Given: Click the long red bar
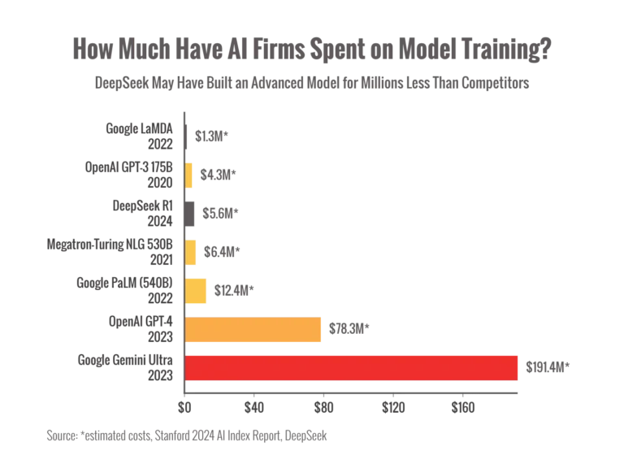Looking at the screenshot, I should click(352, 368).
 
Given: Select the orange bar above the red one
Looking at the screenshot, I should click(254, 330).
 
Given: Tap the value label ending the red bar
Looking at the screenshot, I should click(546, 367).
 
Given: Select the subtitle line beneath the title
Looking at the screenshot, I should click(312, 84).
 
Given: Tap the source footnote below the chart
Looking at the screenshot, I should click(188, 436).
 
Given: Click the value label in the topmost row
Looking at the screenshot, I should click(213, 135).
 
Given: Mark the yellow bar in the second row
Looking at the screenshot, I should click(190, 174).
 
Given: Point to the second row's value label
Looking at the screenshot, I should click(218, 173).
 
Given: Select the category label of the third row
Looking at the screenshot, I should click(143, 210).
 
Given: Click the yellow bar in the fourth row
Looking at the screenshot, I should click(192, 251).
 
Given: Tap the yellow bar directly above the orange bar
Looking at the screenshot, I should click(197, 290).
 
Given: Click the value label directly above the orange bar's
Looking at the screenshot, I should click(236, 288).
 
